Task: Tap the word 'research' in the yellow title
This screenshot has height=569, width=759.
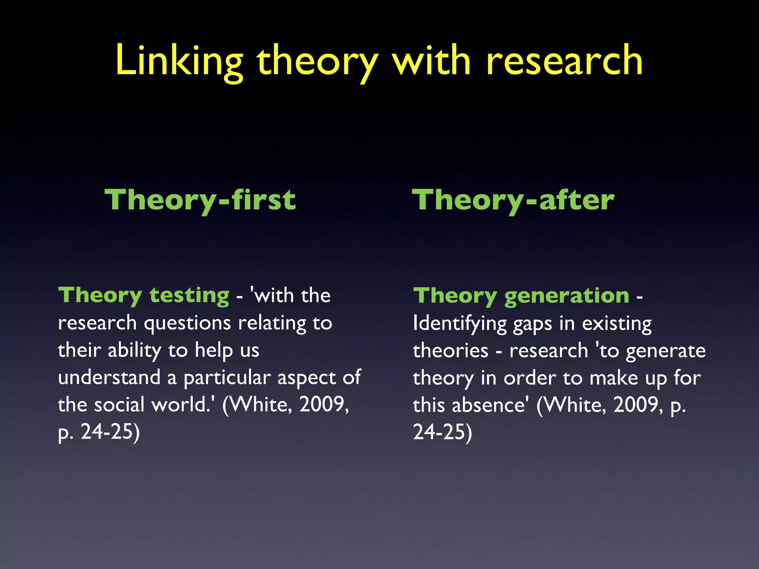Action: tap(564, 61)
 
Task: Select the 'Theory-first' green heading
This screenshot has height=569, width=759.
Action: tap(200, 200)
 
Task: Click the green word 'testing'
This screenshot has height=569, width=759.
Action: tap(189, 296)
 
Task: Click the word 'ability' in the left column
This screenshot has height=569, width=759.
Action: tap(135, 351)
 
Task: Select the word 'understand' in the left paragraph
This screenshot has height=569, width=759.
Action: tap(109, 377)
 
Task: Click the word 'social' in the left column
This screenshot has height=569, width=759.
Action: tap(119, 405)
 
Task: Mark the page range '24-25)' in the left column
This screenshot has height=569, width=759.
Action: tap(110, 432)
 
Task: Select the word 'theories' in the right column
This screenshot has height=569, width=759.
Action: tap(451, 351)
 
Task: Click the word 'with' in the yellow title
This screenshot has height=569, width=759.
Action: tap(432, 61)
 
